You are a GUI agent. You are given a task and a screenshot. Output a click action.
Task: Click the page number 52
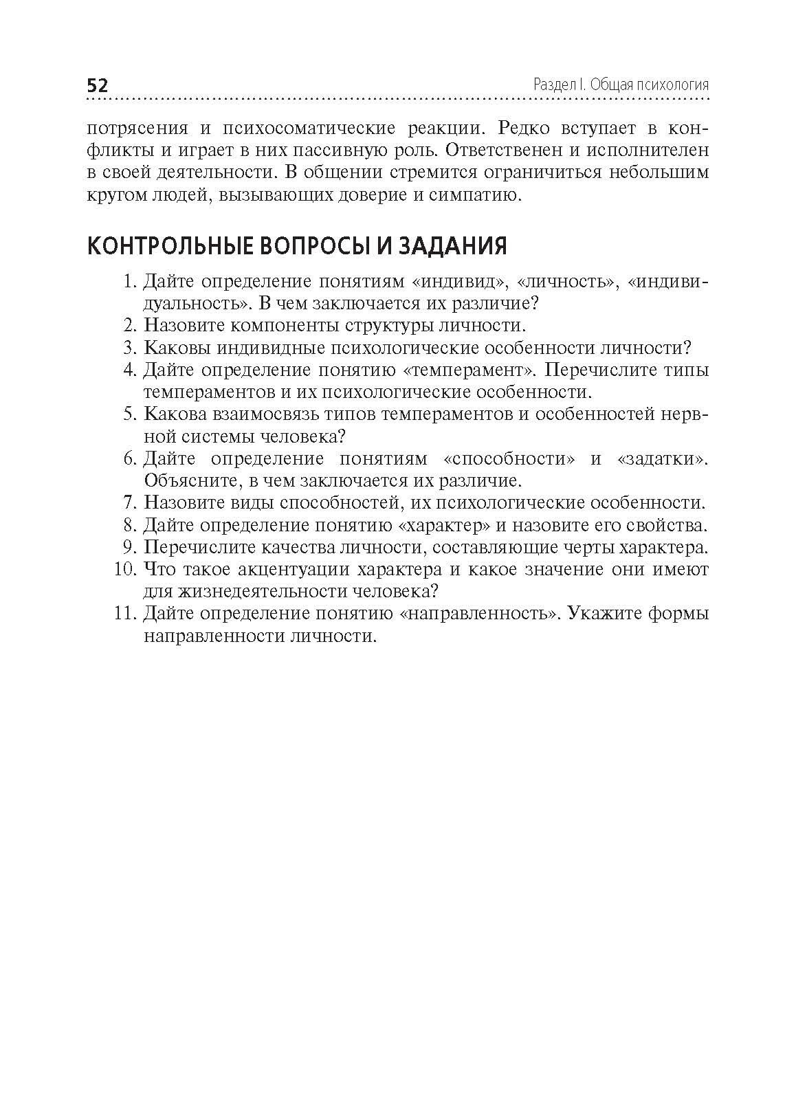point(97,85)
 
